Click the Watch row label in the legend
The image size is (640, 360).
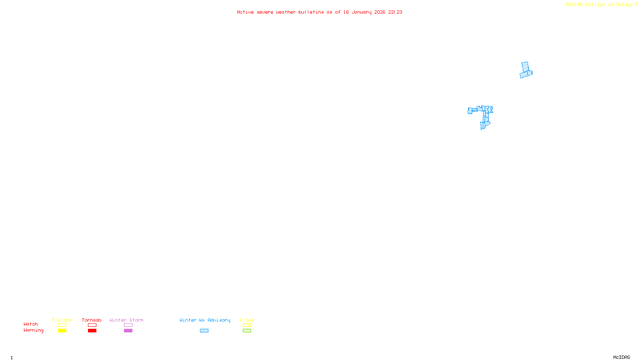tap(31, 324)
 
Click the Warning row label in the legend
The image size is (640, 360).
tap(33, 330)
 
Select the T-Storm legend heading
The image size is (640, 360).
tap(62, 320)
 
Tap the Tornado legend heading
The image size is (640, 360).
tap(92, 320)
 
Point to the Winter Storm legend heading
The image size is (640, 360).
tap(126, 320)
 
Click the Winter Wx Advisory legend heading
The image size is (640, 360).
tap(205, 320)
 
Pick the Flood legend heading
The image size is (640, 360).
tap(247, 320)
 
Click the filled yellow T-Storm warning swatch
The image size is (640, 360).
tap(62, 331)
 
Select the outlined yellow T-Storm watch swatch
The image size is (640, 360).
tap(62, 325)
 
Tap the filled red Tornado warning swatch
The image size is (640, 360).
tap(92, 331)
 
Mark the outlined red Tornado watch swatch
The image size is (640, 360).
tap(92, 325)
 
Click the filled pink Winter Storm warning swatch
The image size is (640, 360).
tap(128, 331)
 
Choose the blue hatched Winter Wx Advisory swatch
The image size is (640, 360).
tap(204, 331)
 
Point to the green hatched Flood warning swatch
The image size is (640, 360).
tap(247, 331)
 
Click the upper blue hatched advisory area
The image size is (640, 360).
tap(526, 70)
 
